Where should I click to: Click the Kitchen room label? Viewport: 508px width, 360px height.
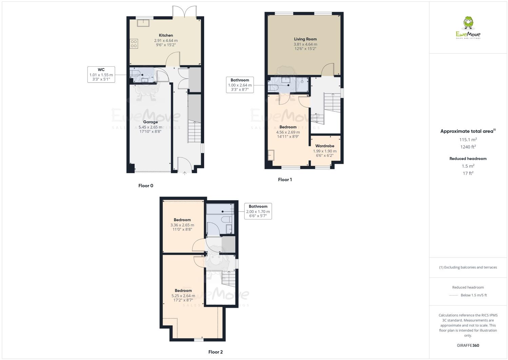(x=166, y=35)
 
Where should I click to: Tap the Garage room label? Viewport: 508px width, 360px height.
(x=150, y=122)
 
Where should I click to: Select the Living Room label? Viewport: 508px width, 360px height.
(x=305, y=39)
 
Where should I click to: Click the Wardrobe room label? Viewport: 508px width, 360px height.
(x=325, y=146)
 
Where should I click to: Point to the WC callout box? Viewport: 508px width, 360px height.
(x=101, y=75)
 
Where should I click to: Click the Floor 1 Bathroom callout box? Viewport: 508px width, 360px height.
(x=240, y=85)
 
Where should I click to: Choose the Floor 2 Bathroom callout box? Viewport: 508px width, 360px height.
(x=258, y=211)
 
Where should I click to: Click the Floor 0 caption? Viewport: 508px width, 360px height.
(x=146, y=186)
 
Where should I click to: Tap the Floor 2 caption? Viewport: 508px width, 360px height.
(x=215, y=352)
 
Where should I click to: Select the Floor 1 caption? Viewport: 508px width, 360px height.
(x=285, y=179)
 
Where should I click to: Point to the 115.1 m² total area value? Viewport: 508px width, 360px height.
(x=468, y=139)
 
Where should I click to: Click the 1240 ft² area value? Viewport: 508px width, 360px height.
(x=468, y=147)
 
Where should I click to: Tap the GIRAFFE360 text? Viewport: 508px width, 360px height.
(x=468, y=345)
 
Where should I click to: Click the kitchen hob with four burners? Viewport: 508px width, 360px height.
(x=134, y=43)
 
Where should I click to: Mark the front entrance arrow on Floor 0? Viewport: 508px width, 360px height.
(x=184, y=174)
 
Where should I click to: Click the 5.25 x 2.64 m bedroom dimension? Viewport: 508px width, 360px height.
(x=183, y=296)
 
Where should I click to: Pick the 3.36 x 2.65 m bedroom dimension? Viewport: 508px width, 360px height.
(x=182, y=225)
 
